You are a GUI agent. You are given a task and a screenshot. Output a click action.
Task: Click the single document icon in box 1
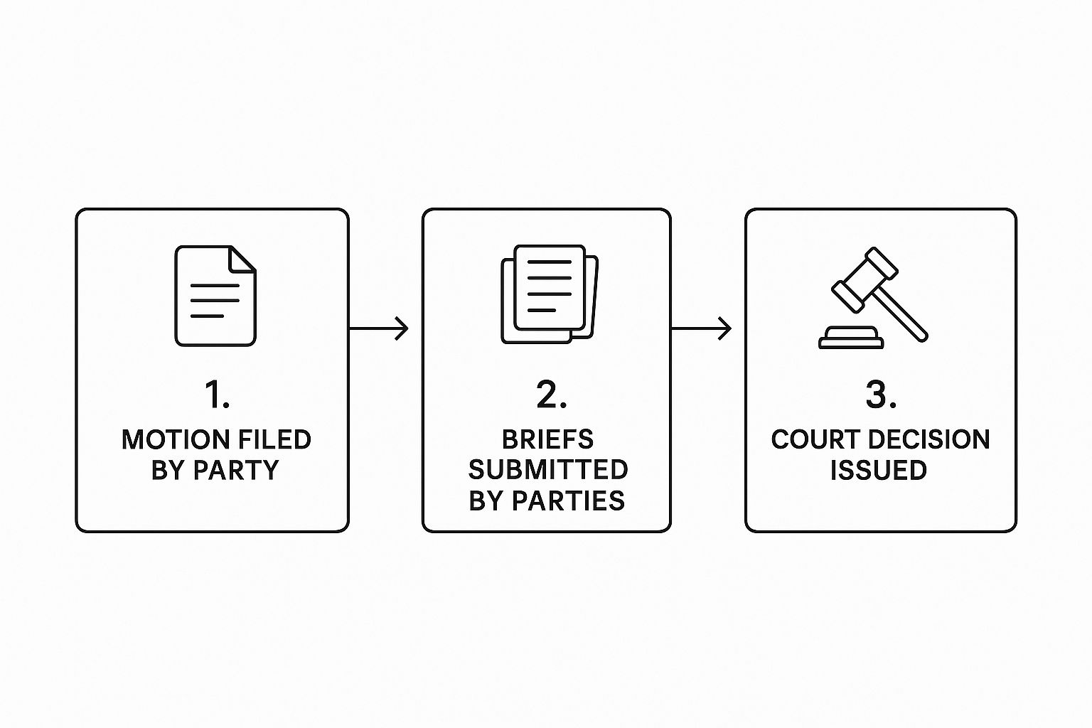215,296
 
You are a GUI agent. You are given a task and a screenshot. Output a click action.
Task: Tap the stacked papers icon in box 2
549,294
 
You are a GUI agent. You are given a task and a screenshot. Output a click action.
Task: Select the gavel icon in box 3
879,297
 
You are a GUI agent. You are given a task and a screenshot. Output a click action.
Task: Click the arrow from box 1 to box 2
379,328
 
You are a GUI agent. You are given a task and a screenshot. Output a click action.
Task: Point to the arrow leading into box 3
701,328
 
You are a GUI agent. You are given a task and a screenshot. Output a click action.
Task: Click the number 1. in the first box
217,395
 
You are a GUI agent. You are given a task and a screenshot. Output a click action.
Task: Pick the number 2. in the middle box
551,395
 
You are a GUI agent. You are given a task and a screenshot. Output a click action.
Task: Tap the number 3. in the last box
880,395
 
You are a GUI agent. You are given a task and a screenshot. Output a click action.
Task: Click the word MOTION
166,439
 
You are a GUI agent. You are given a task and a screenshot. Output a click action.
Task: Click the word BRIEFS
547,439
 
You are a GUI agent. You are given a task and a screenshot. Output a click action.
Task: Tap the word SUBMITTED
547,470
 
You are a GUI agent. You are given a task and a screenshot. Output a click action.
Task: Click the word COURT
812,439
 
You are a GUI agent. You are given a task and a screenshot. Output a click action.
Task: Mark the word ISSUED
879,471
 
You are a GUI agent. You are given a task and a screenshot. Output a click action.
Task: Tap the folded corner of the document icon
243,258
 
